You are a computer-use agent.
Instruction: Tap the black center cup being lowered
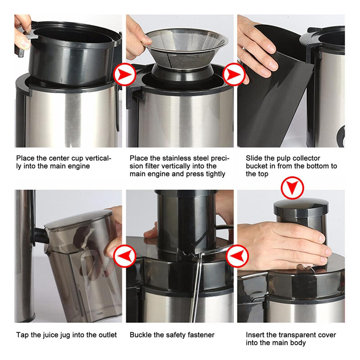(67, 54)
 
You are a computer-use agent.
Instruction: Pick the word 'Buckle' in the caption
(140, 335)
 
